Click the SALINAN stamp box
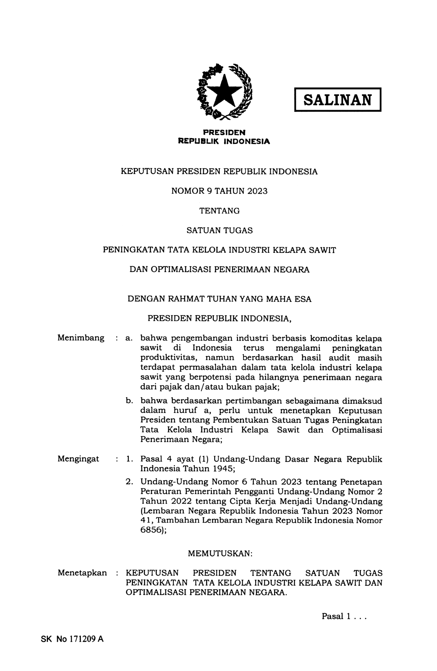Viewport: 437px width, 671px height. point(337,100)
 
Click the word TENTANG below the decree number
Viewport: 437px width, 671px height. point(219,211)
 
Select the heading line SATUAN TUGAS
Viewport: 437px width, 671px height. point(219,230)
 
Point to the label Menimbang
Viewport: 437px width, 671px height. point(81,338)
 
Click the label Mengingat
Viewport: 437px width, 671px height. point(78,459)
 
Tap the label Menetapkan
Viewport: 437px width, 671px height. point(82,573)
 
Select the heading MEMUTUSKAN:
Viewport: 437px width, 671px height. point(220,553)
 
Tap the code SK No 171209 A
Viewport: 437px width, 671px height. point(72,639)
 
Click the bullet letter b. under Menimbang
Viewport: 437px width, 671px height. point(129,401)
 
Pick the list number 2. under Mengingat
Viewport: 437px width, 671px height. point(129,482)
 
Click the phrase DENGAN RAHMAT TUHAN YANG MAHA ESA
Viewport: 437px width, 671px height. point(219,299)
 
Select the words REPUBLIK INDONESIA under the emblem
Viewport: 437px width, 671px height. point(224,141)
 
